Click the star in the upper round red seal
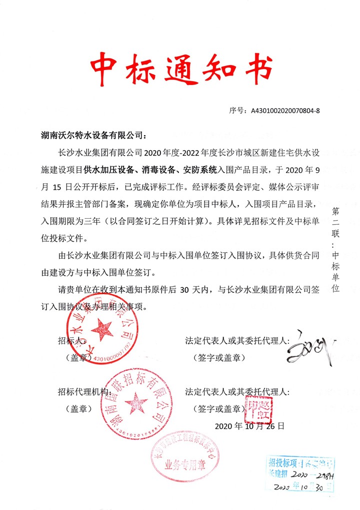click(104, 329)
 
